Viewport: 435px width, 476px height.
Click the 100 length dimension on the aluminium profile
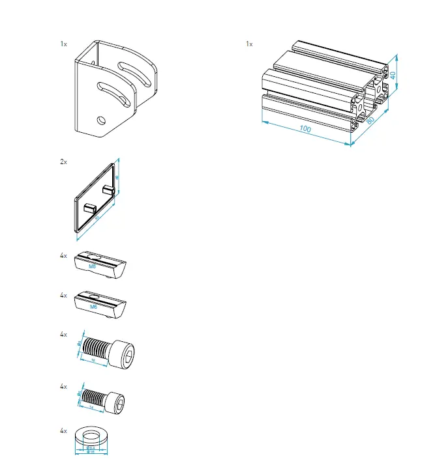pos(304,129)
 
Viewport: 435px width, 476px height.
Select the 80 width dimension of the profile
pos(371,119)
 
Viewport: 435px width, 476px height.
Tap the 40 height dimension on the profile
pos(393,74)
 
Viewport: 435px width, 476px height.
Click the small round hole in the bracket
pos(99,120)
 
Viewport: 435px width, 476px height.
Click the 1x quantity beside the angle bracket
pos(63,44)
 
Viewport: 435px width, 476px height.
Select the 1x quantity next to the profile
pos(249,44)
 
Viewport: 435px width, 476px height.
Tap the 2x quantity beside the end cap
pos(63,161)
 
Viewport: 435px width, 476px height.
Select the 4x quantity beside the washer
pos(63,431)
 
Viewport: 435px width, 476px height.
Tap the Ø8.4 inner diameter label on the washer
pos(91,448)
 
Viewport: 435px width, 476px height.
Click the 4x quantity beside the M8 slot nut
pos(63,256)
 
